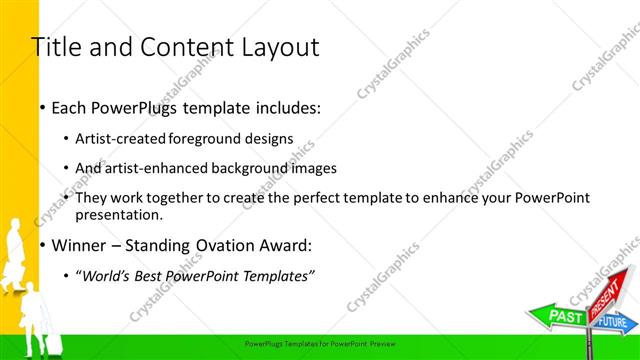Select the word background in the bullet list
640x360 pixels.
click(250, 168)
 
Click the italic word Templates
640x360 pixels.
click(274, 275)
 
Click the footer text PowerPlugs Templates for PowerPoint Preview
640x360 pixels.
click(320, 343)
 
